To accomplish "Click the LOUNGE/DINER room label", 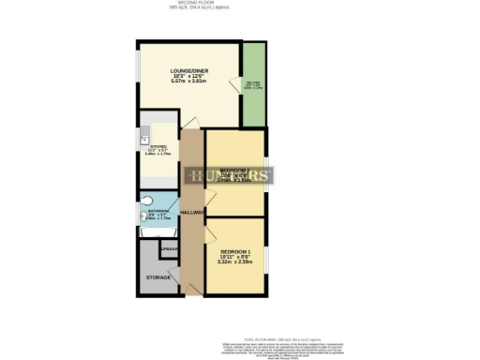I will (x=188, y=71).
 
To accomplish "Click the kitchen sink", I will (x=145, y=141).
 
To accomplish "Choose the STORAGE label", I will (x=157, y=278).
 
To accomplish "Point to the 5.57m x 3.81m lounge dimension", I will (x=188, y=81).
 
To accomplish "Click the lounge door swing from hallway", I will (x=190, y=122).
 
